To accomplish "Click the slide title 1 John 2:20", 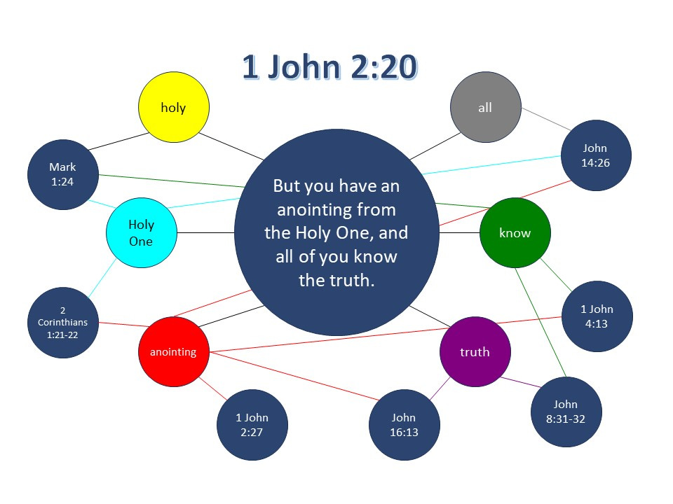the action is [329, 68].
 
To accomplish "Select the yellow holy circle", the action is [173, 108].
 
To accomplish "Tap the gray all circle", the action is [485, 107].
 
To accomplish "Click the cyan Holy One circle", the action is [141, 232].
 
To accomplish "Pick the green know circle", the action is [515, 233].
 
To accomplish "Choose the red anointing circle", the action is [173, 352].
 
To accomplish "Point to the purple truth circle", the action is [475, 352].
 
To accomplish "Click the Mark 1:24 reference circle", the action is [62, 174].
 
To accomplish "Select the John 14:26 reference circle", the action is [595, 155].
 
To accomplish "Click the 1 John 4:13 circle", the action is [597, 316].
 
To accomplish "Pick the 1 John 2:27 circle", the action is [252, 424].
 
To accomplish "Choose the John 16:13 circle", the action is [405, 425].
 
